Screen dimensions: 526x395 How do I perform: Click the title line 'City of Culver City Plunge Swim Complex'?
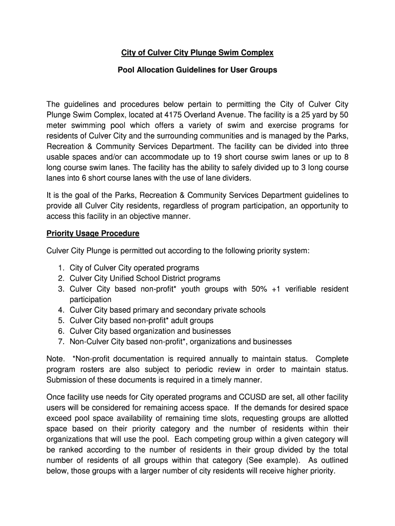(x=197, y=52)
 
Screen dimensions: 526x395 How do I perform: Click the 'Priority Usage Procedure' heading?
(x=93, y=233)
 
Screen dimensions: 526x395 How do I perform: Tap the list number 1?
(x=61, y=268)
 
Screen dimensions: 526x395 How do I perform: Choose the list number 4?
(x=61, y=310)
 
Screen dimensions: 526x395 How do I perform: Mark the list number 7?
(x=61, y=342)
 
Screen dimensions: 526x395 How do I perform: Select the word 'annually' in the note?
(x=214, y=359)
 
